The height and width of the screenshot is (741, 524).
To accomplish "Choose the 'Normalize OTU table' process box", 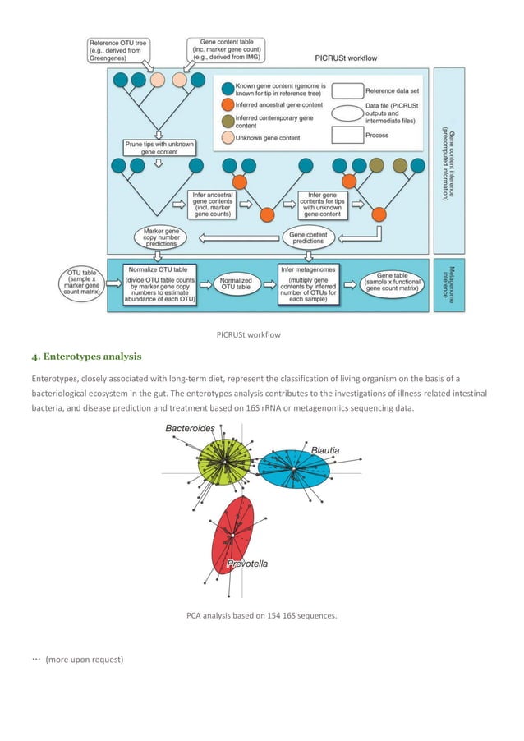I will click(x=157, y=285).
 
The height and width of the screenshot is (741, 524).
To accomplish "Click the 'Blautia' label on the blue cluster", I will click(x=324, y=450).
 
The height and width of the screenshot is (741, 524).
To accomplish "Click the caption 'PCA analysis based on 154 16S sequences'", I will click(x=262, y=614).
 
